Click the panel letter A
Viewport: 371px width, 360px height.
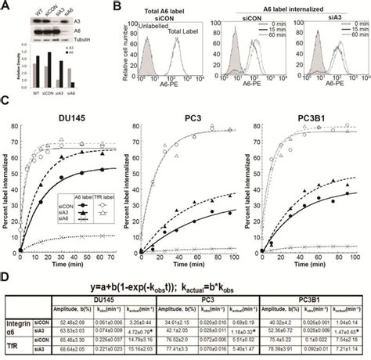coord(6,6)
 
